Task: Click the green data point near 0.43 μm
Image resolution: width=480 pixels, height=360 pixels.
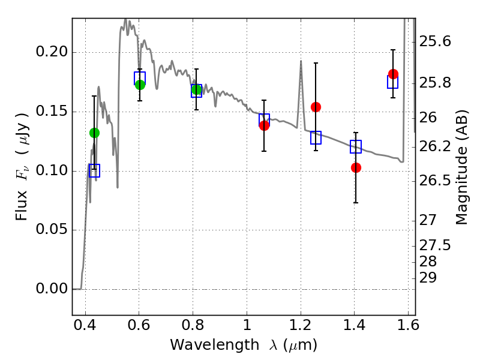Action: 95,133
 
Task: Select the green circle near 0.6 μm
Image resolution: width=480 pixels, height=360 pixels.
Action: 140,85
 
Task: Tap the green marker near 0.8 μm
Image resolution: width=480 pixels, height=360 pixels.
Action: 197,89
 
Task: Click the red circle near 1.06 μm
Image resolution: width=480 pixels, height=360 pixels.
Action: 264,125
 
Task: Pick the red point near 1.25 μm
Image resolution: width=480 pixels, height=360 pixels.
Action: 316,107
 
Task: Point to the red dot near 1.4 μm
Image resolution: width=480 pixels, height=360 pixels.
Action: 356,168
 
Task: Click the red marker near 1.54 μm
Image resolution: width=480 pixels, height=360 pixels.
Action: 393,74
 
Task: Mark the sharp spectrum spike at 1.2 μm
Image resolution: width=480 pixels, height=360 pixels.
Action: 301,61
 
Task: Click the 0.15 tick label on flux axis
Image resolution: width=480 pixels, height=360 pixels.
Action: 52,111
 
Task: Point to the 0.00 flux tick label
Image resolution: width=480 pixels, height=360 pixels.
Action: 52,289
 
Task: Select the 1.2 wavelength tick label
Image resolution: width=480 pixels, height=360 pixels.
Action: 301,325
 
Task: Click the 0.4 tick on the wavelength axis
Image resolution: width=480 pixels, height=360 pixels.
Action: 85,325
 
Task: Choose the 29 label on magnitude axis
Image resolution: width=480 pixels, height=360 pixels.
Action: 428,278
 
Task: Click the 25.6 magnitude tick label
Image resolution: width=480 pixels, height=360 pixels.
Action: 434,41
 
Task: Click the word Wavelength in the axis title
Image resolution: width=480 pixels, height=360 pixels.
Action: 215,345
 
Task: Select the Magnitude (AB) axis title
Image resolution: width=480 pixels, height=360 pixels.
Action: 461,167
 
